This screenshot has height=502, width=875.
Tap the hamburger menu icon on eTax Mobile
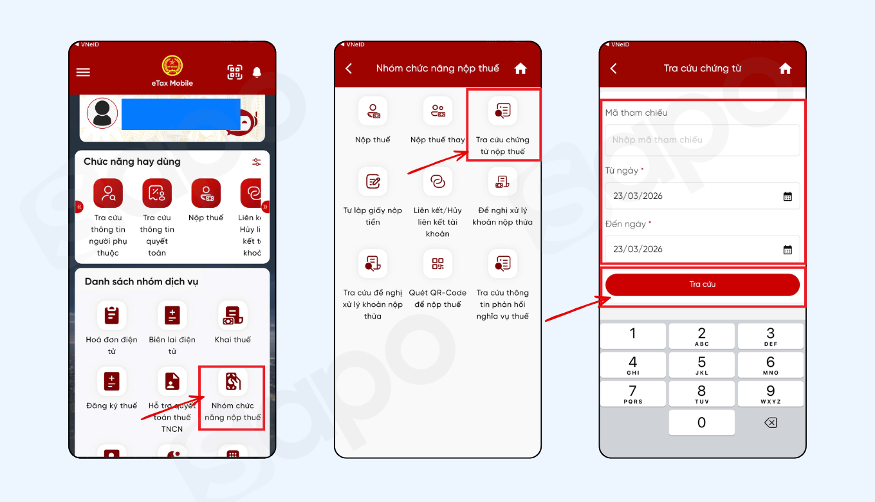tap(83, 72)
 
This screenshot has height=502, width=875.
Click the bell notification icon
tap(257, 72)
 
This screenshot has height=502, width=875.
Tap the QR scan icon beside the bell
tap(235, 72)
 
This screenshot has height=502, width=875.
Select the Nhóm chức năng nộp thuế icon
tap(233, 383)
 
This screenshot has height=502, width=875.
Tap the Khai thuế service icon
tap(233, 315)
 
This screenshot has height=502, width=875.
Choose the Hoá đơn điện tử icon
tap(111, 315)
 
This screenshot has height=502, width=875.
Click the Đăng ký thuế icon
tap(111, 382)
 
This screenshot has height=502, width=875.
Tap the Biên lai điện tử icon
tap(172, 315)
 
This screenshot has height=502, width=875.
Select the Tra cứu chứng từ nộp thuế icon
tap(502, 111)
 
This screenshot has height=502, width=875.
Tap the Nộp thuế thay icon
tap(438, 111)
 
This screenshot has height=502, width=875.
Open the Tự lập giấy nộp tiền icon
tap(373, 181)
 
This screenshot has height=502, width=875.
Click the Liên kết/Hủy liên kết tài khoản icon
tap(438, 181)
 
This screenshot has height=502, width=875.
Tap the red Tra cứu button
tap(702, 284)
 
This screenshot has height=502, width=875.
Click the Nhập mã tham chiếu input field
tap(702, 140)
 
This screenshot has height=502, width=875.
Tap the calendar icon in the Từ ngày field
tap(787, 196)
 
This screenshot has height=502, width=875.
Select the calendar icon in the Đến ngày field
tap(787, 249)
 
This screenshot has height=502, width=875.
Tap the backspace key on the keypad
tap(770, 423)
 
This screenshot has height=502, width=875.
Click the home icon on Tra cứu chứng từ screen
tap(785, 68)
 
